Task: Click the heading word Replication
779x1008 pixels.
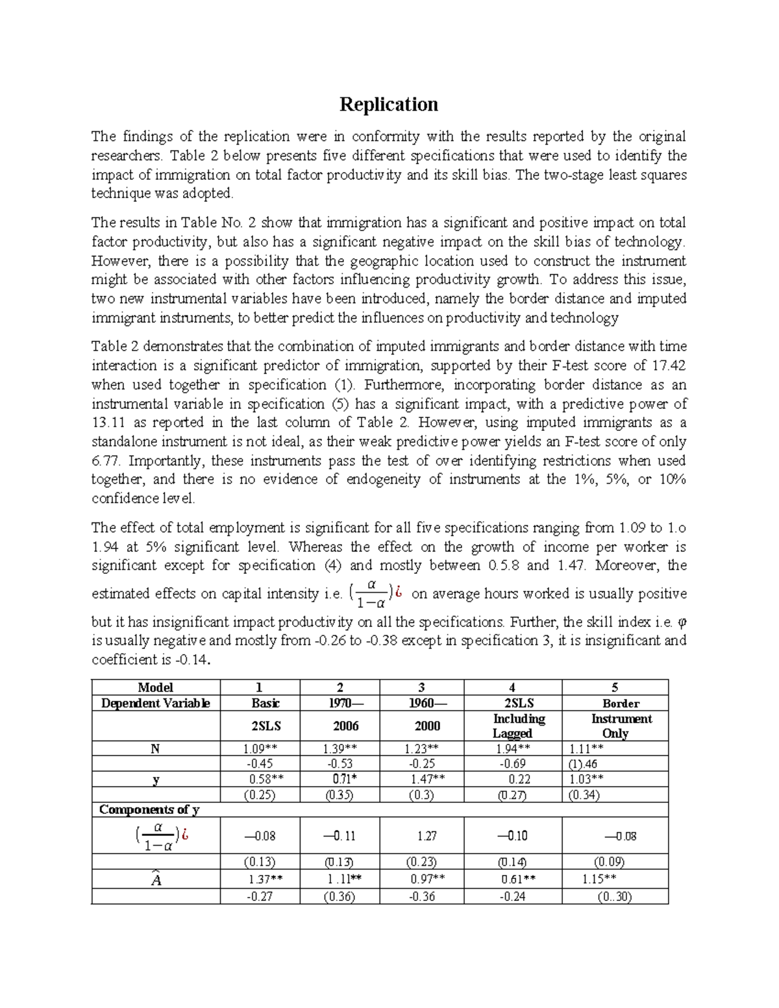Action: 389,104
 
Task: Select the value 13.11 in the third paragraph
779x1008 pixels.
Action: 107,423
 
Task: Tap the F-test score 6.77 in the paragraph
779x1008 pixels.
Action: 106,461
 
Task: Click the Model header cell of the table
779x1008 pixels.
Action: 155,687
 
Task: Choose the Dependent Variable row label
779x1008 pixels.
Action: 155,703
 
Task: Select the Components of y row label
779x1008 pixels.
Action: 149,809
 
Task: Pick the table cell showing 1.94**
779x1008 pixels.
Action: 512,748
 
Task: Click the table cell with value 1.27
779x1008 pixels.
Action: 427,836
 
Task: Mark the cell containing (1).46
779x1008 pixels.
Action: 582,764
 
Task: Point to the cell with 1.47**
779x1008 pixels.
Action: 427,780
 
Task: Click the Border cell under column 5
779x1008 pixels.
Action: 621,703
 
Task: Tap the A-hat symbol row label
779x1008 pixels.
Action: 155,879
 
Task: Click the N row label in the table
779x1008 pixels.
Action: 155,748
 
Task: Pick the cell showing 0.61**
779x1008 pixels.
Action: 518,879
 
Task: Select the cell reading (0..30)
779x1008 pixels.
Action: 614,896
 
